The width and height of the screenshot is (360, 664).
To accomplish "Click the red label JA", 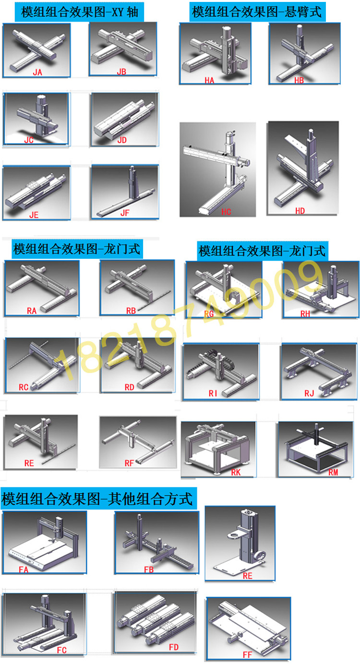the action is tap(37, 72).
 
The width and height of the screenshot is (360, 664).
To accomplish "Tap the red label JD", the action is tap(122, 140).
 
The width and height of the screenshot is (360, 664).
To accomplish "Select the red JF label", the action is tap(125, 213).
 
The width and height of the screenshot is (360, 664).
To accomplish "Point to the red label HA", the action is tap(209, 80).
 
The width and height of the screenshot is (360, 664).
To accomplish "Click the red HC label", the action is tap(226, 212).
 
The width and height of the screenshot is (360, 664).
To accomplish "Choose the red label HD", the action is tap(300, 211).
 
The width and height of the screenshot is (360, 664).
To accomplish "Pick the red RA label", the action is tap(32, 311).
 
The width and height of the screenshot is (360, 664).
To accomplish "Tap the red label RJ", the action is tap(309, 393).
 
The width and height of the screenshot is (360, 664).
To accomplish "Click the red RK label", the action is tap(236, 472).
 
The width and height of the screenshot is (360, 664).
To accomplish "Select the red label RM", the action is tap(333, 472).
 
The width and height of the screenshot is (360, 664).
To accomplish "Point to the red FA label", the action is tap(24, 569).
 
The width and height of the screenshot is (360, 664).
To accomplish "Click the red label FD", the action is tap(174, 647).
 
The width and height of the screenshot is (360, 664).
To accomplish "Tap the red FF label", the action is tap(247, 654).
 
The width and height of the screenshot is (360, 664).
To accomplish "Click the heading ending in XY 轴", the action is tap(79, 12).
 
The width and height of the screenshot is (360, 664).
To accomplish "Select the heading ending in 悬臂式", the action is tap(257, 12).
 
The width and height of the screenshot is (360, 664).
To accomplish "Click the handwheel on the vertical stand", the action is tap(257, 555).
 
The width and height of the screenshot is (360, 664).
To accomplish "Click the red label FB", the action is tap(149, 569).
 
